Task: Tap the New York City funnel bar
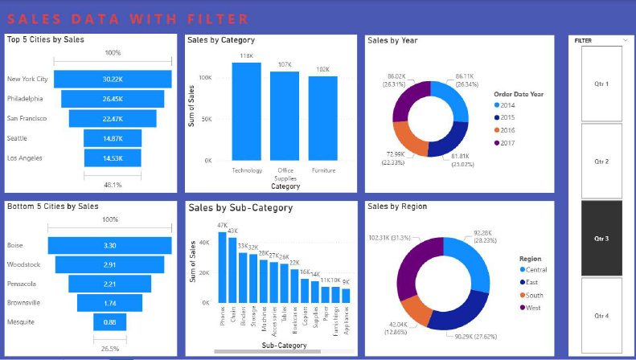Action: (x=113, y=79)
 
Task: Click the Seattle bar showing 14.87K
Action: (x=113, y=138)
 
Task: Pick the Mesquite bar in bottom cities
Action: (x=110, y=322)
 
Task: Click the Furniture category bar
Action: (x=322, y=118)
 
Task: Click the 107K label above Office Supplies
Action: (x=285, y=65)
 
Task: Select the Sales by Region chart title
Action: (x=397, y=207)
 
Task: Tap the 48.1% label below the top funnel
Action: (x=113, y=183)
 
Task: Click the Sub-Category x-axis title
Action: (x=284, y=346)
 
